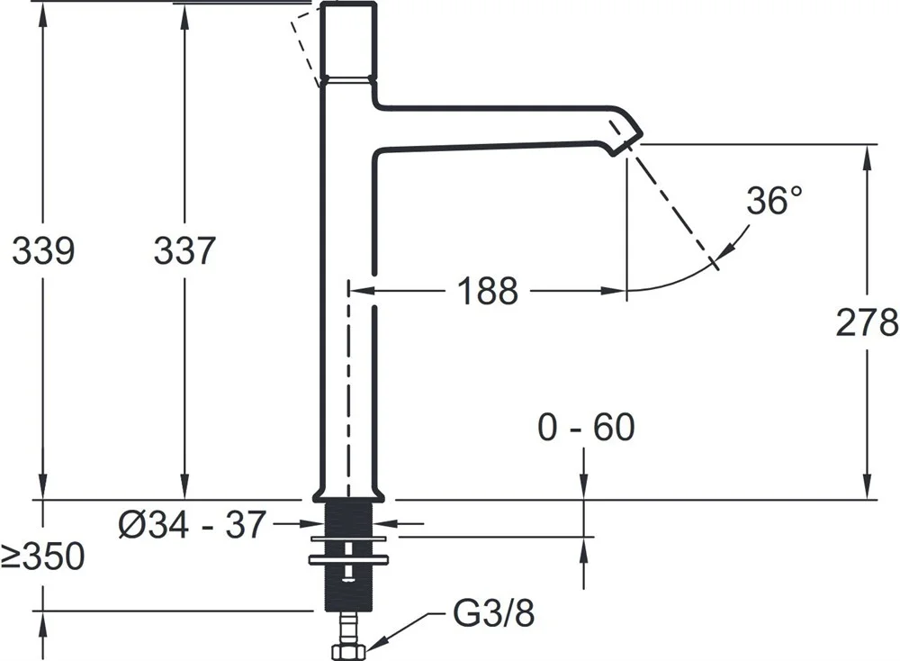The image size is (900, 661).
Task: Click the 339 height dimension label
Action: tap(43, 251)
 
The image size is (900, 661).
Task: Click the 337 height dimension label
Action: tap(184, 251)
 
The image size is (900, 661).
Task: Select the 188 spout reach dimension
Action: tap(487, 291)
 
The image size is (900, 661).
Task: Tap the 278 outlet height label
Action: tap(867, 322)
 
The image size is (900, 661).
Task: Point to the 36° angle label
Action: tap(774, 201)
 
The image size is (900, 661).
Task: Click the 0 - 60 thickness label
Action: tap(586, 427)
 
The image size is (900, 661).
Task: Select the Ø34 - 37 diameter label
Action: tap(193, 524)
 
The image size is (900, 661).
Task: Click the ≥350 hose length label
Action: tap(42, 556)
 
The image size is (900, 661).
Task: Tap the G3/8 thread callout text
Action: tap(494, 613)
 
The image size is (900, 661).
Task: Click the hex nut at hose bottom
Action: tap(348, 651)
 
